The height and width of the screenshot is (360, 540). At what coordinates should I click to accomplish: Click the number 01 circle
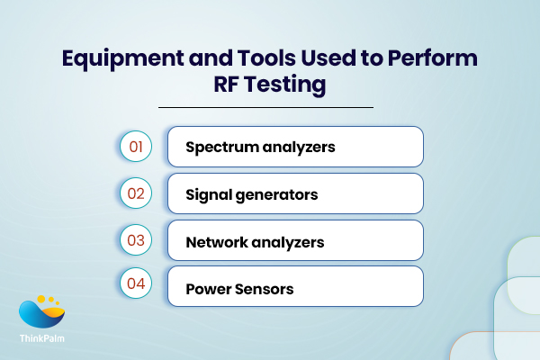(135, 146)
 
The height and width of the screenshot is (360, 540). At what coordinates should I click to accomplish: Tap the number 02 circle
(135, 193)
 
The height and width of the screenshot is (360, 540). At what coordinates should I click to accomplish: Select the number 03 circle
(135, 240)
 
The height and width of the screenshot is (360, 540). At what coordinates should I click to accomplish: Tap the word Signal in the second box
(207, 193)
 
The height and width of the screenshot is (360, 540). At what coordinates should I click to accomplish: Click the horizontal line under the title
(265, 108)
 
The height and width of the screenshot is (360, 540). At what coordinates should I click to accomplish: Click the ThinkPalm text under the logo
(42, 340)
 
